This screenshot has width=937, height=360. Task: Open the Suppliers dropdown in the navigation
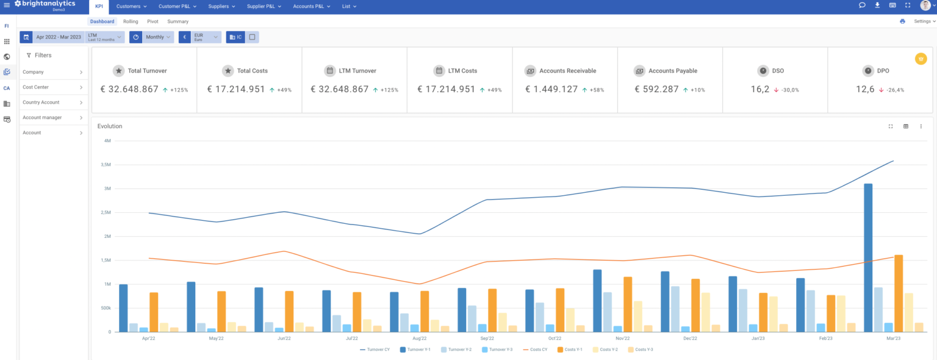221,6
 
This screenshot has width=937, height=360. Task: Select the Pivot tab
153,21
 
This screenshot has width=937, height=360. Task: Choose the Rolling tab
131,21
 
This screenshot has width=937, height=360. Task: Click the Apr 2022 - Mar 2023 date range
59,37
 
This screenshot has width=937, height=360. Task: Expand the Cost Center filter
53,87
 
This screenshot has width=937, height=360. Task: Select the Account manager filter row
53,117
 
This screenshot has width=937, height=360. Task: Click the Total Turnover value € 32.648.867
129,89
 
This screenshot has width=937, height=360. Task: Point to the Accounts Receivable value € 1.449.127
551,89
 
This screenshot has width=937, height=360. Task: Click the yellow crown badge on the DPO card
921,59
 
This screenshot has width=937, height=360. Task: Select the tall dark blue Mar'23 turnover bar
867,257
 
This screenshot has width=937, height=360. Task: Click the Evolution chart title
110,126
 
